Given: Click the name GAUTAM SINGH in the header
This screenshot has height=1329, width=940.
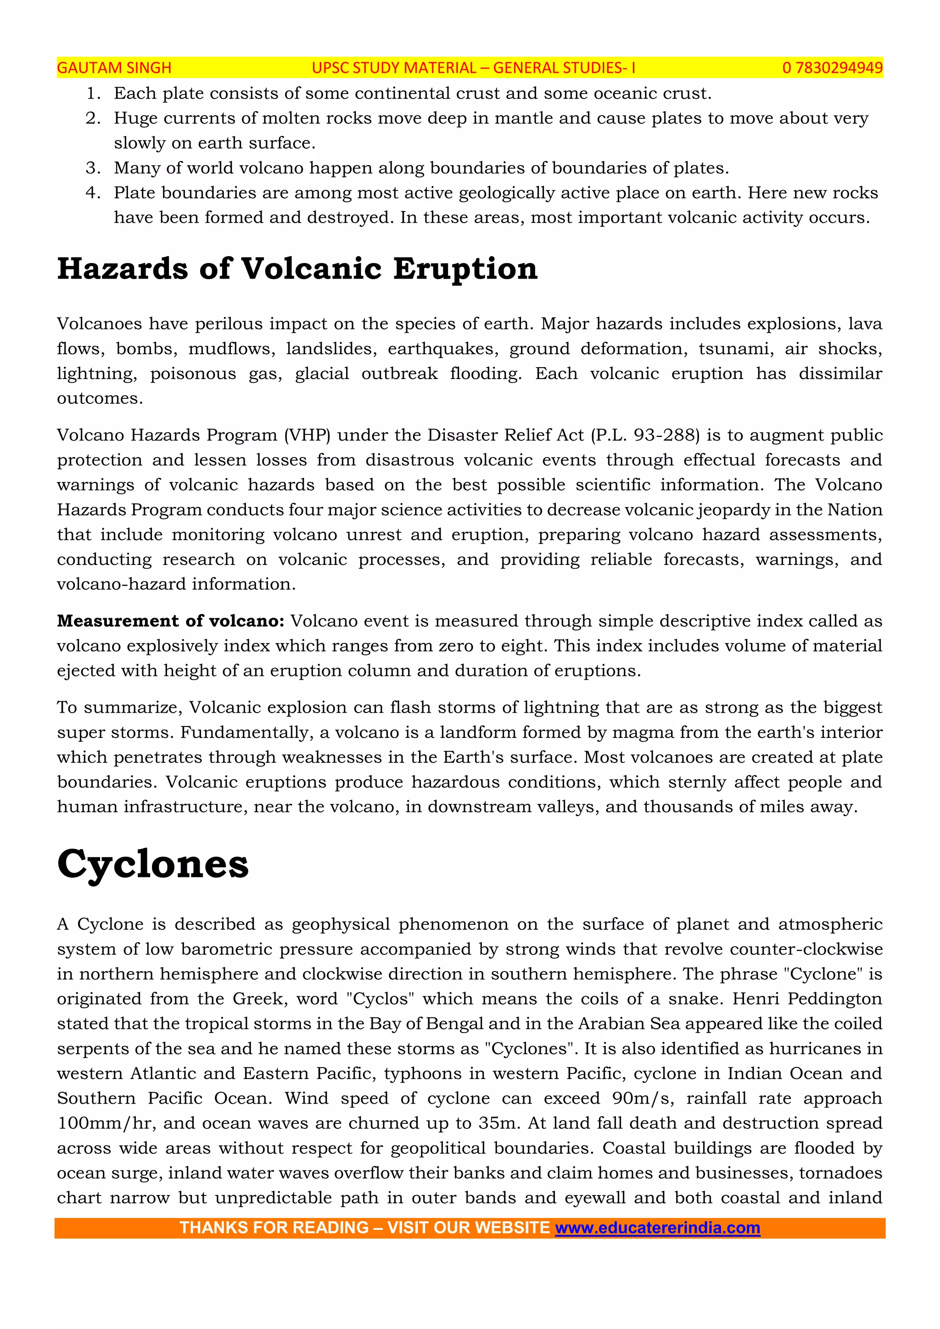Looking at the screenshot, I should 114,68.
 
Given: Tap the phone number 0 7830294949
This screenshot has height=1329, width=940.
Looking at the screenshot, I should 832,68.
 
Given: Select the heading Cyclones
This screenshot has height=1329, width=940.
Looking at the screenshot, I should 153,864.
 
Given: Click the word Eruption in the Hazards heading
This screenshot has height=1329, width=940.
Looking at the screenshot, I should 465,269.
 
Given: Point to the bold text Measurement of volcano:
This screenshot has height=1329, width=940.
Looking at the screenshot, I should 171,621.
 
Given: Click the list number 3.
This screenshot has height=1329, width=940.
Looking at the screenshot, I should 93,168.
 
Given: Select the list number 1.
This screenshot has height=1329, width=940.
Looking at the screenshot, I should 93,93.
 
